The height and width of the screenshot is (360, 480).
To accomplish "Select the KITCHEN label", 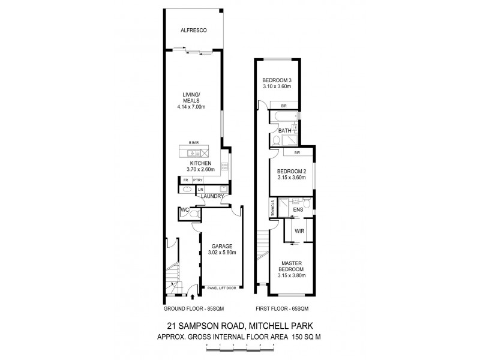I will click(200, 163).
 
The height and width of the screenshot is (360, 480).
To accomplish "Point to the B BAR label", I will click(193, 142).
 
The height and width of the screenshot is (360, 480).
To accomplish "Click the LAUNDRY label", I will click(212, 196).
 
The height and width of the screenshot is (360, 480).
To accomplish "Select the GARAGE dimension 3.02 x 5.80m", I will click(221, 253).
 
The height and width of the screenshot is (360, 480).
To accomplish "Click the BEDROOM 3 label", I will click(277, 81).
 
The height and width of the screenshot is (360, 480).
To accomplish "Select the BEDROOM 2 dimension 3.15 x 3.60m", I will click(292, 178).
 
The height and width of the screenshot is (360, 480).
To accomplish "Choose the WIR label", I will click(299, 231).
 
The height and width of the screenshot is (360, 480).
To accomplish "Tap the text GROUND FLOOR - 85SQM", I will click(190, 310).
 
